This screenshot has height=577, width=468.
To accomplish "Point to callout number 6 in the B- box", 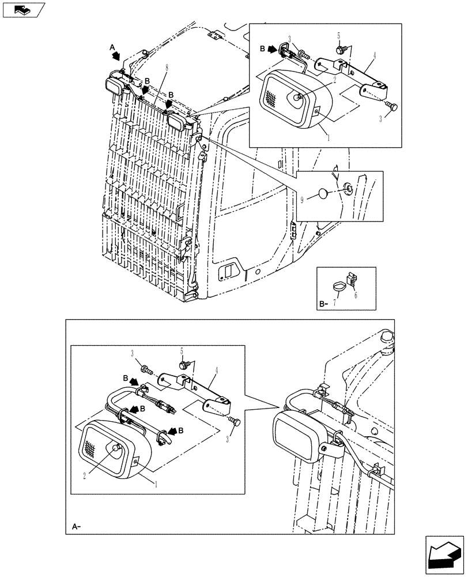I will (x=355, y=295).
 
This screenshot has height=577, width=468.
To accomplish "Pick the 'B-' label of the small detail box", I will (x=324, y=303).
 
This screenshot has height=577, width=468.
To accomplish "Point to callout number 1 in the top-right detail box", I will (x=329, y=139).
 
